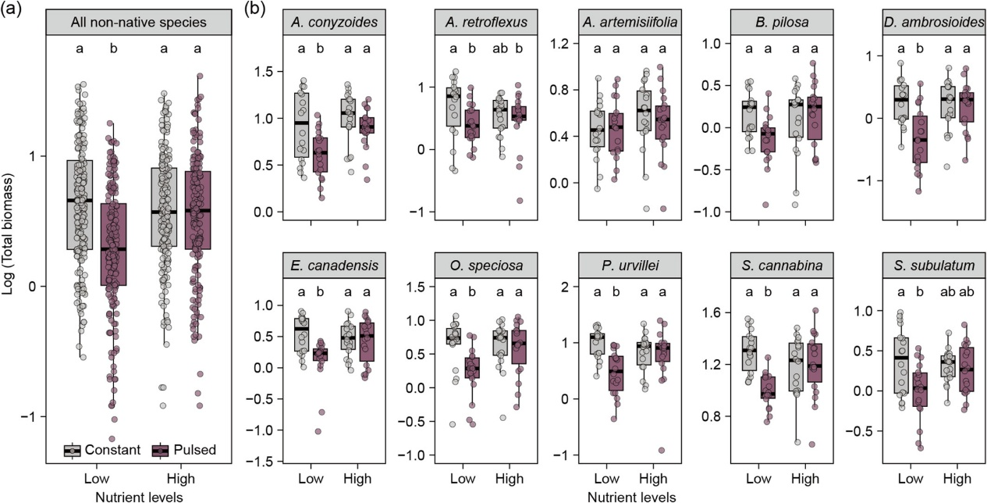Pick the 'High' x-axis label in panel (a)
pyautogui.click(x=180, y=477)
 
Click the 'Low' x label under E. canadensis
pyautogui.click(x=310, y=477)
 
